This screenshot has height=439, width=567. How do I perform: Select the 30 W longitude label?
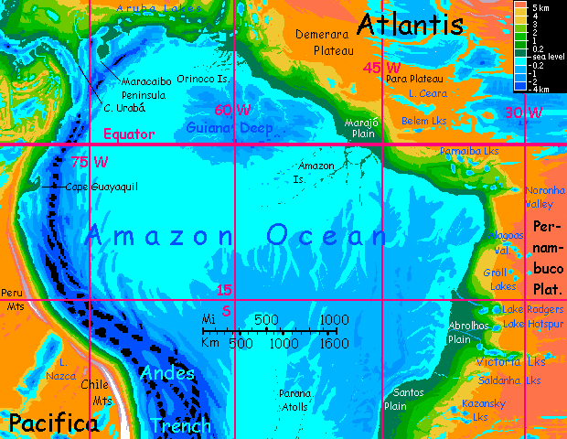(523, 113)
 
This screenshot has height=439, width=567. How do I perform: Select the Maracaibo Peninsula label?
(143, 88)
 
